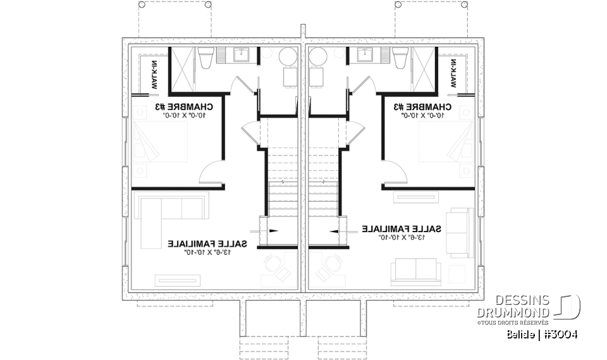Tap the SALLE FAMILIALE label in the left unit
click(207, 243)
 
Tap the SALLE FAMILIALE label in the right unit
click(402, 228)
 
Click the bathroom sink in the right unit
click(365, 56)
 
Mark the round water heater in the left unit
click(288, 56)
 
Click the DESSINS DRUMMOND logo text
click(513, 307)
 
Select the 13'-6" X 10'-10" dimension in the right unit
click(402, 237)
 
